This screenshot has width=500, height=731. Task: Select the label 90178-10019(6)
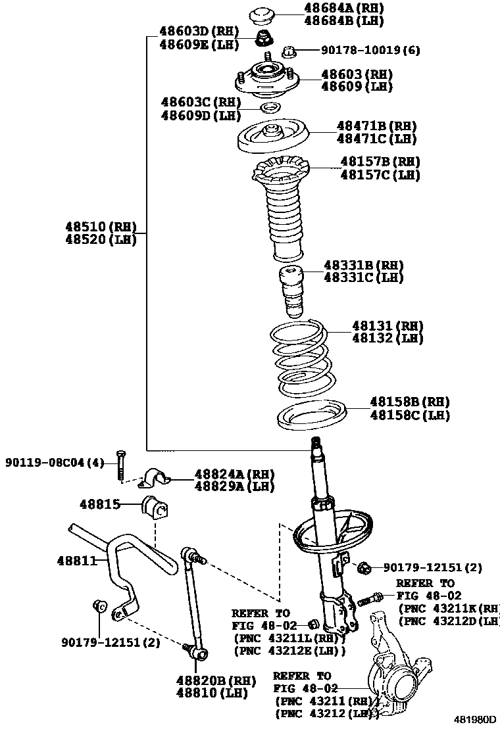click(370, 50)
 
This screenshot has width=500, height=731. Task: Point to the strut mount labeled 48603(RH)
click(266, 80)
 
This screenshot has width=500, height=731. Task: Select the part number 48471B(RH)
click(376, 126)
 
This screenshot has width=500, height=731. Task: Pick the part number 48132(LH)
click(387, 338)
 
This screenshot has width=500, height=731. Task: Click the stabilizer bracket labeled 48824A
click(155, 479)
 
